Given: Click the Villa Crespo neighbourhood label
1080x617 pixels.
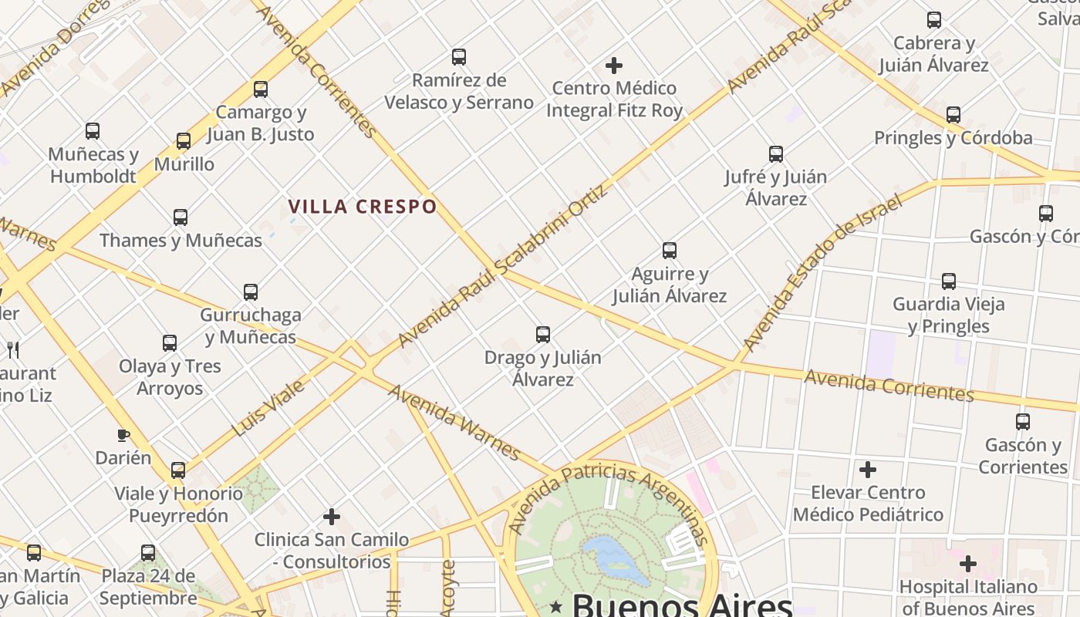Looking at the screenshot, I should pos(363,207).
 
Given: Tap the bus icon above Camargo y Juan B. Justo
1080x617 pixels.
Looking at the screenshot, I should pos(261,89).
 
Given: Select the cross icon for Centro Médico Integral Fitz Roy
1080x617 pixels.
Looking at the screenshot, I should pos(614,66).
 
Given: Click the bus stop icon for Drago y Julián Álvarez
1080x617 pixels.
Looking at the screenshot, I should pos(543,335).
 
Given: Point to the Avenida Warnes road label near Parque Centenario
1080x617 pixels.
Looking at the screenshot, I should pos(454,421).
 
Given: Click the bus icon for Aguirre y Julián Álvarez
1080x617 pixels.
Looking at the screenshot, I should pos(670,251).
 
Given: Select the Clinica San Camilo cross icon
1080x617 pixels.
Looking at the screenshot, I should pos(332,516).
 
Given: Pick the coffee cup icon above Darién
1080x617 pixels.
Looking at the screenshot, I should pos(123,436).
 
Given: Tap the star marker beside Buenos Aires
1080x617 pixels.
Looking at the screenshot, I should pos(556,607).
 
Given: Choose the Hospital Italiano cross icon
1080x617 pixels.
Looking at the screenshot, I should pos(968,564).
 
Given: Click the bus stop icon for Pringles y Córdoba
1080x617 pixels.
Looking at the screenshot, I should pos(953,115).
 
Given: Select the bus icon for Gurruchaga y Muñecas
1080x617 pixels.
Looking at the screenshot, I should pos(251,292).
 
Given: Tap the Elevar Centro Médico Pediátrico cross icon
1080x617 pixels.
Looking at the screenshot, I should pos(868,469).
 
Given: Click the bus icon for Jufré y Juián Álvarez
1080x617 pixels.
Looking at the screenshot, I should pos(776,154).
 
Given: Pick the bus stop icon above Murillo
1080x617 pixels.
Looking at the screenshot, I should pos(184,141).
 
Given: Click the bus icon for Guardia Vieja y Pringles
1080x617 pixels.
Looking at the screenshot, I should pos(949,282).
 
